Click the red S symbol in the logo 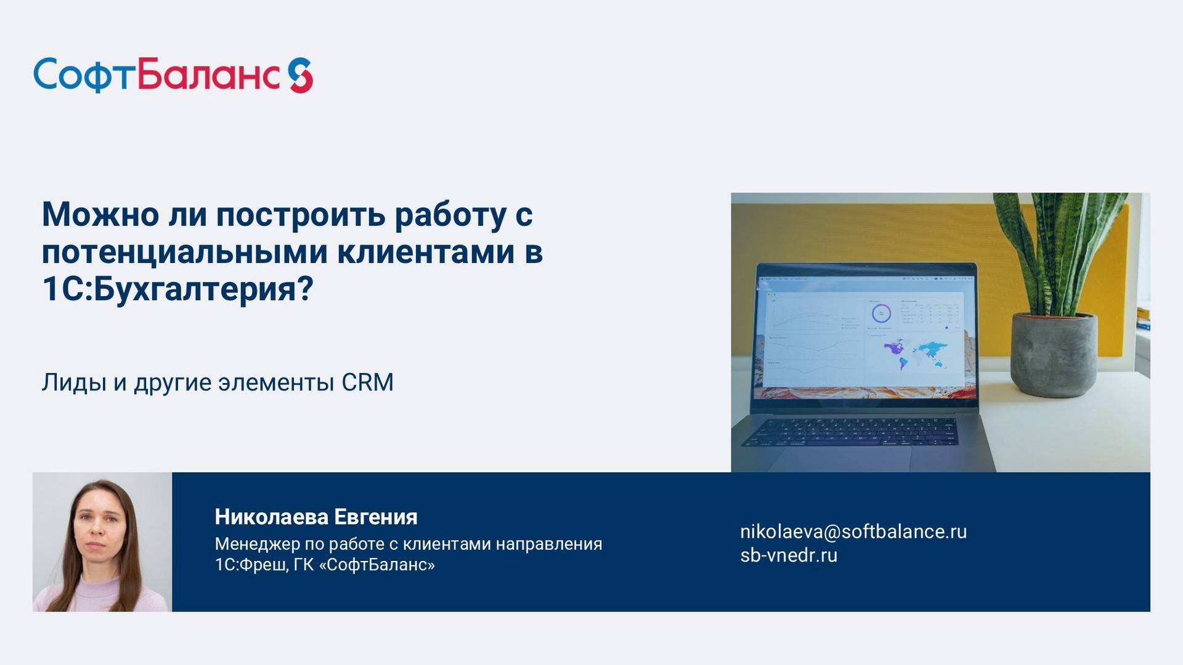[301, 76]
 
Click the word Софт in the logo [83, 76]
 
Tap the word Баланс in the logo [209, 75]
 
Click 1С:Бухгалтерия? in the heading [177, 288]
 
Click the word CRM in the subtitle [367, 382]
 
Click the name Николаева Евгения [315, 517]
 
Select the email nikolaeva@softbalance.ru [853, 531]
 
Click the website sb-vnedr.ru [788, 555]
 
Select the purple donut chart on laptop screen [881, 313]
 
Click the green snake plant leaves [1060, 246]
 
